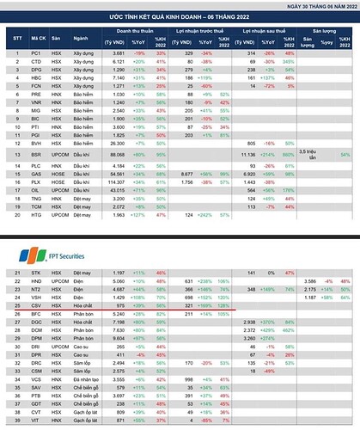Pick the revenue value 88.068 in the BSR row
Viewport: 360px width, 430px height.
coord(116,151)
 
